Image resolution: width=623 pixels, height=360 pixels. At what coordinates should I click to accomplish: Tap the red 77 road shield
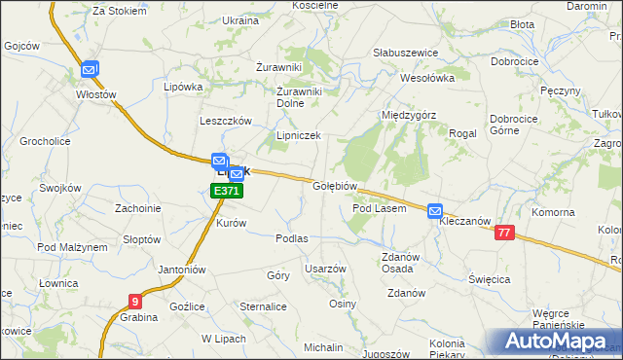click(x=503, y=232)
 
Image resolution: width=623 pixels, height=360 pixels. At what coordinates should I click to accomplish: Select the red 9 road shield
click(x=134, y=302)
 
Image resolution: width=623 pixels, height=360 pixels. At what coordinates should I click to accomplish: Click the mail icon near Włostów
click(x=90, y=69)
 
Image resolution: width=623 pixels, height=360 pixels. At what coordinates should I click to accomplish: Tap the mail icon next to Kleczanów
click(x=435, y=210)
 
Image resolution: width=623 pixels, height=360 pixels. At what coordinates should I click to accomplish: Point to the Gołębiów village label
click(x=338, y=185)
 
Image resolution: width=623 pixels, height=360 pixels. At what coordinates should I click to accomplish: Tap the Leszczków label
click(x=226, y=121)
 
